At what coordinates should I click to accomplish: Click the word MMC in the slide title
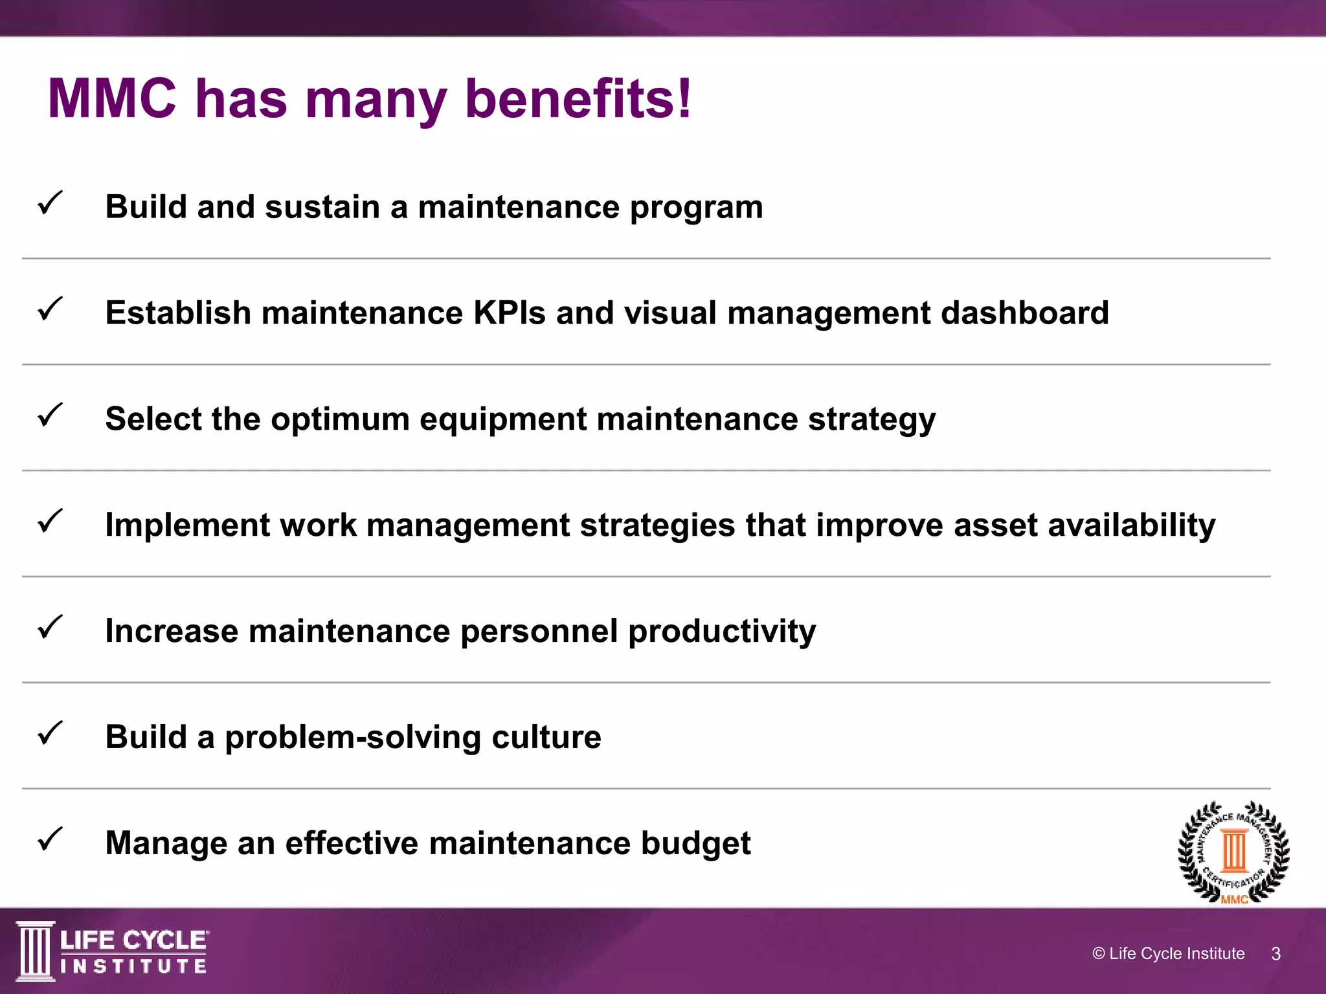coord(112,99)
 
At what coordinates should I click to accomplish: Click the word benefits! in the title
coord(578,99)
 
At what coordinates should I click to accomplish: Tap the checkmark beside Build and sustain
coord(50,203)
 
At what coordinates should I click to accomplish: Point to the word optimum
coord(340,419)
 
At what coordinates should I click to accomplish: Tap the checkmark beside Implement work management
coord(50,521)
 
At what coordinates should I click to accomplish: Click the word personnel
coord(539,631)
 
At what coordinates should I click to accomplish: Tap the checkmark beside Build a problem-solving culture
coord(50,733)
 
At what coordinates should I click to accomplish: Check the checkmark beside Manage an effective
coord(50,839)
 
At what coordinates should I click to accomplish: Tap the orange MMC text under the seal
coord(1234,900)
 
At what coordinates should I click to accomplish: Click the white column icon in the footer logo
coord(35,951)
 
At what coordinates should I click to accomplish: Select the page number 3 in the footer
coord(1275,954)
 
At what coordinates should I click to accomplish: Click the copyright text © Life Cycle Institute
coord(1168,954)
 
